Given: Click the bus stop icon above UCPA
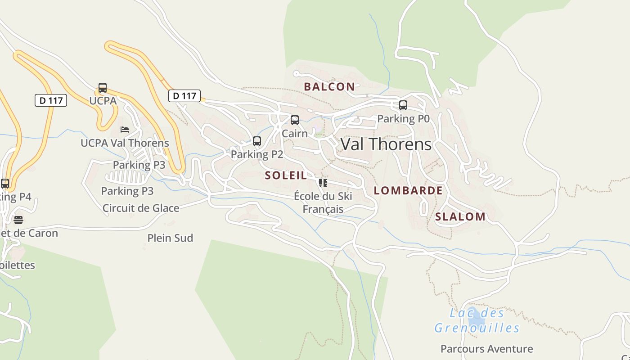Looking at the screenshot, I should point(103,87).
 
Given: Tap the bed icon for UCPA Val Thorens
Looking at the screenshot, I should point(125,130).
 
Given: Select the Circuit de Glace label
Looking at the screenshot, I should point(141,208).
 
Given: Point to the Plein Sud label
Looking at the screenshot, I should point(170,238).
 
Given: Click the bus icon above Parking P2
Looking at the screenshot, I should point(257,141).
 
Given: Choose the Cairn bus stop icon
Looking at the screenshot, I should point(295,120).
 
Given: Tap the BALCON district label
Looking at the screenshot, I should point(329,87).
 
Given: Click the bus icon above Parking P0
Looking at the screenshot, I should point(403,105).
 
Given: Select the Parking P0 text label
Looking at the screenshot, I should point(403,119).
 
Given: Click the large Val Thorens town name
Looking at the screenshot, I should point(386,144).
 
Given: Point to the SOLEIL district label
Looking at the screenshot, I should point(286,175).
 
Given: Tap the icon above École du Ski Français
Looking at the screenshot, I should point(323,183).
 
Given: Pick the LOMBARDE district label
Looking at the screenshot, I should point(408,190).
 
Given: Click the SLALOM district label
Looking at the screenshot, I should point(460,216).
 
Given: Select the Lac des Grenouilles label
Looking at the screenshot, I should point(477,320).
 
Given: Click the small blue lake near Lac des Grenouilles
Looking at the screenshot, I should point(476,320).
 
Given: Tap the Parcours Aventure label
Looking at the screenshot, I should point(486,349).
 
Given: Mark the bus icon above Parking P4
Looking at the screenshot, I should point(5,184).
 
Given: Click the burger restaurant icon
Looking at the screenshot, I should point(18,220).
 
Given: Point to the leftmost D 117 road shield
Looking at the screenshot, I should point(51,100).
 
